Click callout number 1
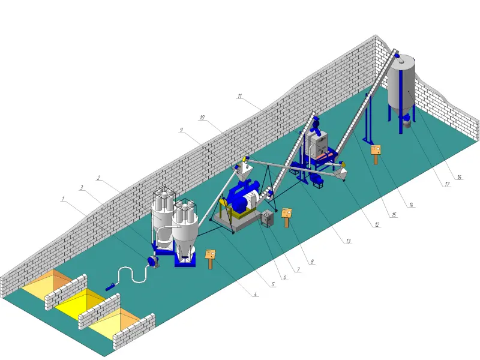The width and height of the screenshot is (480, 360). click(63, 199)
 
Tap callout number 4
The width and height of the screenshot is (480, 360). click(255, 294)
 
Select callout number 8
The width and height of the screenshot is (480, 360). click(312, 262)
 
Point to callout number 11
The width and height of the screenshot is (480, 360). click(239, 96)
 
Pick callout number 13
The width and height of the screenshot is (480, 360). click(349, 241)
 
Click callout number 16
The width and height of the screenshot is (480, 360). click(459, 177)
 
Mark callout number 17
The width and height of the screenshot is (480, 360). click(447, 184)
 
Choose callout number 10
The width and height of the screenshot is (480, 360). click(202, 118)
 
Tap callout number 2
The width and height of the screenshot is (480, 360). click(98, 178)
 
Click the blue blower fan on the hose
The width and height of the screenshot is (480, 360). click(153, 262)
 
